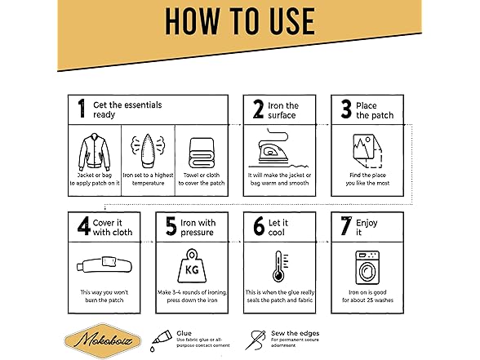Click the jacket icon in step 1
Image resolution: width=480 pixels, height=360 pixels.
95,152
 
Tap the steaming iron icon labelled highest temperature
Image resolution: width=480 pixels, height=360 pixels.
148,150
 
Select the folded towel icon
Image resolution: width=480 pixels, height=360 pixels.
202,153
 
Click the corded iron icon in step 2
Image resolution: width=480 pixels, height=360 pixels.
278,149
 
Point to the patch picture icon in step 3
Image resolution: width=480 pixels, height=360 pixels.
367,150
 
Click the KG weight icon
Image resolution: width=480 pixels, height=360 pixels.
192,266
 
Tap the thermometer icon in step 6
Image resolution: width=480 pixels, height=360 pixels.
280,266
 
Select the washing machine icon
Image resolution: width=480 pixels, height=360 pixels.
367,268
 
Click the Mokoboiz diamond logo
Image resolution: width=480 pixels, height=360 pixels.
103,340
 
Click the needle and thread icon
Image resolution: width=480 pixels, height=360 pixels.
256,340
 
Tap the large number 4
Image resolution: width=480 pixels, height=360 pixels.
83,226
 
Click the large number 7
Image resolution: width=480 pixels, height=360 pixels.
346,225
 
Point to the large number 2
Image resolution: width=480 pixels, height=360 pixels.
258,109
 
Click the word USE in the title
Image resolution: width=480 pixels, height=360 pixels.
287,21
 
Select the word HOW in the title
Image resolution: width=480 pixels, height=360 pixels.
193,21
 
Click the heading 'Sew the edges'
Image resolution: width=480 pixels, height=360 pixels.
296,333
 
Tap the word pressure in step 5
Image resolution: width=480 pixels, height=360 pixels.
197,233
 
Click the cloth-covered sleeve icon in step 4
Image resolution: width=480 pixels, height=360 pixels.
104,264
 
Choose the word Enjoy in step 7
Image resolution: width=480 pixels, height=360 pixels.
367,223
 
